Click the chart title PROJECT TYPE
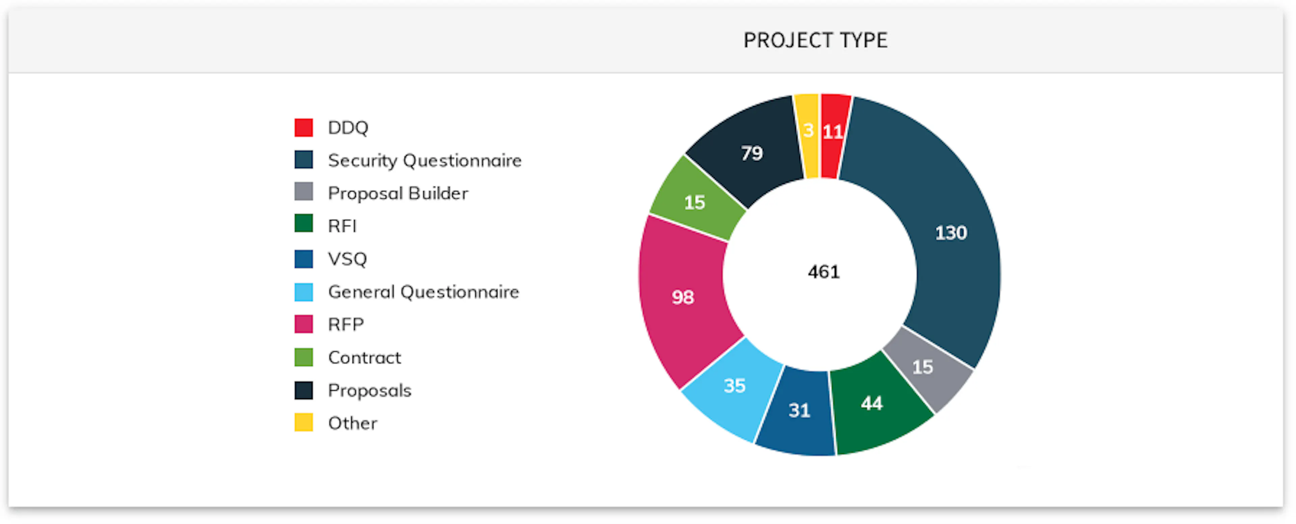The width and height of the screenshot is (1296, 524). (x=815, y=40)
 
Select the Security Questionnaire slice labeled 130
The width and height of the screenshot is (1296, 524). (x=951, y=233)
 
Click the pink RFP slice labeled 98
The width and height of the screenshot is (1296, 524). (x=683, y=297)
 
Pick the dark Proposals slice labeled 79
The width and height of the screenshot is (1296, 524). (x=752, y=153)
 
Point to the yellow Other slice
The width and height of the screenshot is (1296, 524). (x=808, y=131)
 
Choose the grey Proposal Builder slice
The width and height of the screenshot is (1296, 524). (x=923, y=367)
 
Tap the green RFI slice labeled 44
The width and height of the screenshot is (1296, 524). (x=872, y=403)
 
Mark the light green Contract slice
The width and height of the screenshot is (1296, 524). (x=694, y=202)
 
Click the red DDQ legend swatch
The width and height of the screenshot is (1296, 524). (x=303, y=127)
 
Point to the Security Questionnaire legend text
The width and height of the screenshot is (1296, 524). (x=425, y=161)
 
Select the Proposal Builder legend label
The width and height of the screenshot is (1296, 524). (x=398, y=193)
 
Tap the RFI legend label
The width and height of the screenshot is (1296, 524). (x=342, y=226)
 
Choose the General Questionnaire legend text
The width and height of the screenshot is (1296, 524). (x=424, y=292)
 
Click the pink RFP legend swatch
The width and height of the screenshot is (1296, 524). (x=303, y=324)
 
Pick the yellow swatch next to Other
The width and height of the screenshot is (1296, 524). (x=303, y=423)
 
